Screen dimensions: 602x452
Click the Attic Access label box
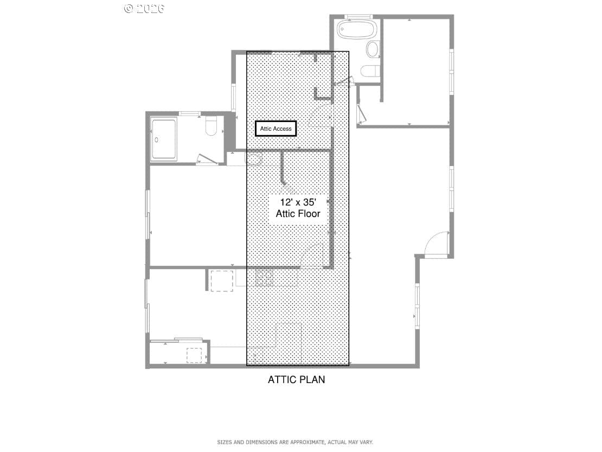click(x=276, y=129)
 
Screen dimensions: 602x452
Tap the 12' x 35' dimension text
click(x=298, y=202)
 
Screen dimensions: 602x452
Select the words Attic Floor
click(x=298, y=213)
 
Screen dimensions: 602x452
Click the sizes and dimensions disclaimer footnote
click(x=295, y=442)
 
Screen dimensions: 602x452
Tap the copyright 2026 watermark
click(x=144, y=8)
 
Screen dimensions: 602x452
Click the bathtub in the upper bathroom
click(x=357, y=29)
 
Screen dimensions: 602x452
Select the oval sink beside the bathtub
click(x=373, y=49)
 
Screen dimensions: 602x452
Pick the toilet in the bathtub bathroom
click(x=370, y=72)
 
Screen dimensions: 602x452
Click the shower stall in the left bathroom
click(x=164, y=140)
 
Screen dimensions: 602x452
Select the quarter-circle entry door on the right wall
click(x=437, y=243)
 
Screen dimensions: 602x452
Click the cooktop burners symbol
click(x=264, y=278)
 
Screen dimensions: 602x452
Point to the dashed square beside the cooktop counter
click(x=221, y=281)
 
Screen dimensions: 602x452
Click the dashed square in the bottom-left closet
click(x=194, y=355)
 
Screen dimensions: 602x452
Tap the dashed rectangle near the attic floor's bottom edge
click(x=289, y=340)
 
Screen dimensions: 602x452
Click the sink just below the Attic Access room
click(x=253, y=159)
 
